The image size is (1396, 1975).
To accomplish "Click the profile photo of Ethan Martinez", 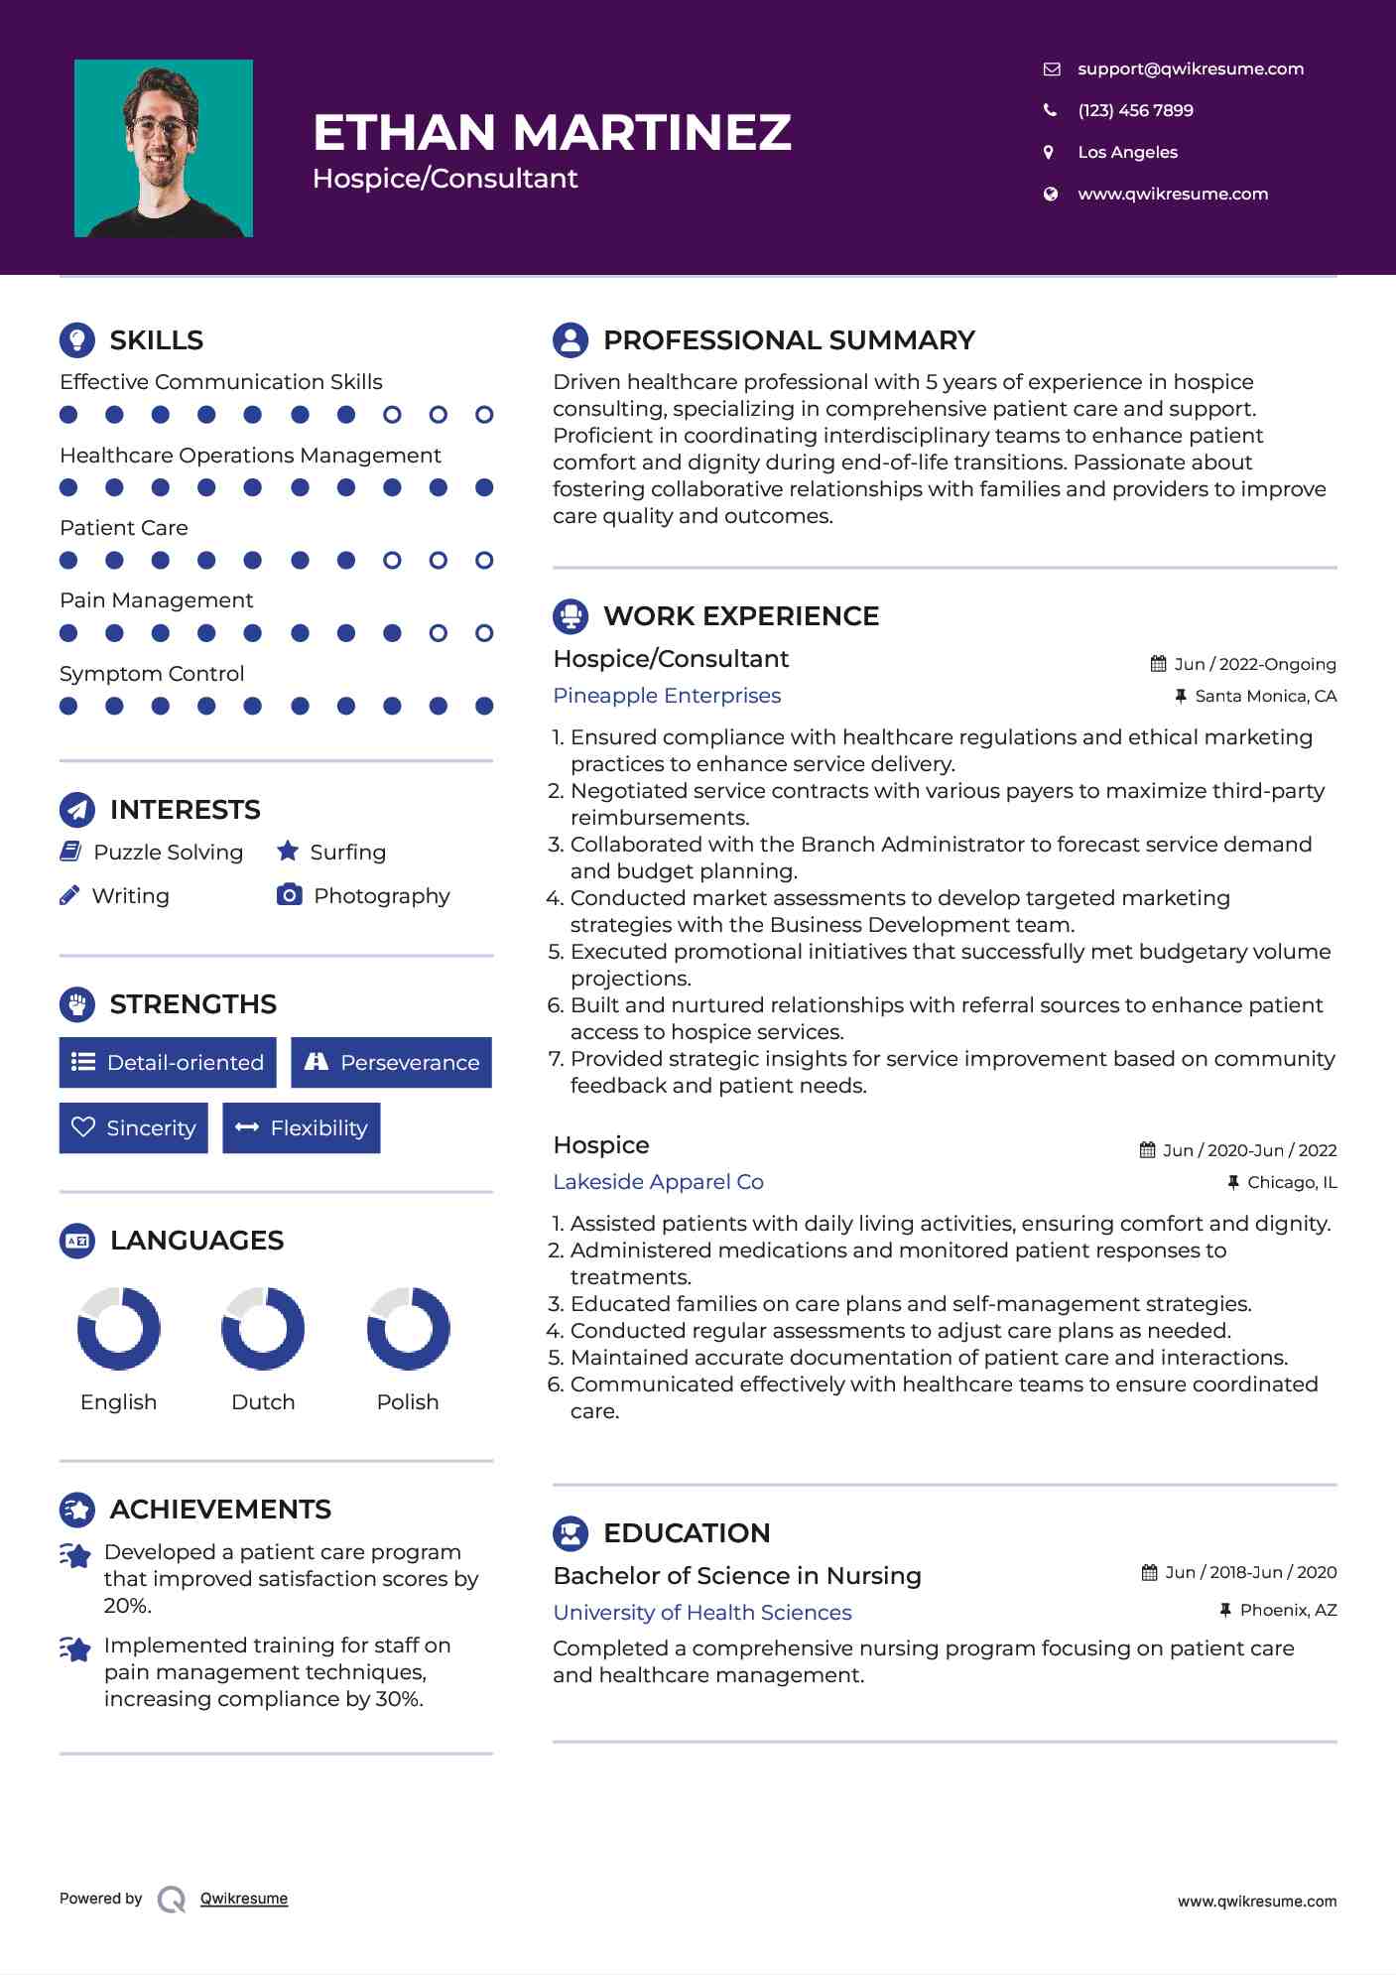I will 164,149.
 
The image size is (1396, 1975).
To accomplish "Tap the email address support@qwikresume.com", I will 1190,68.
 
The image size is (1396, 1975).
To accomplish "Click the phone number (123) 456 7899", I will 1135,110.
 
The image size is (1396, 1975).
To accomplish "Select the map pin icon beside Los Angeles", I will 1049,152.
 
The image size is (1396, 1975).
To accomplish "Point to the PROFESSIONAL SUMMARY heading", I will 789,340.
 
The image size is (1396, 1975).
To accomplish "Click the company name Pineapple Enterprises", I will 667,696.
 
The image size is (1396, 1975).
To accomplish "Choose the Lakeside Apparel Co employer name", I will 658,1182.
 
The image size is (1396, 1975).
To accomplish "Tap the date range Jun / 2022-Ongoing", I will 1254,664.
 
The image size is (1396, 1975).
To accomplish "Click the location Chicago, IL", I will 1291,1182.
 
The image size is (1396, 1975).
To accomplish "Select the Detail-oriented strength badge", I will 168,1063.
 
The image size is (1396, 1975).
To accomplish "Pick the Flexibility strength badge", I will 302,1128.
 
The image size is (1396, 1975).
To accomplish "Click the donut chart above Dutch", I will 263,1329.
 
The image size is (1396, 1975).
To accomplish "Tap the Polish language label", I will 408,1402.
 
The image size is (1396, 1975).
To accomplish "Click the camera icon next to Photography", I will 289,895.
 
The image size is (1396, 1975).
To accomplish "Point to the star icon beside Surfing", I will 288,852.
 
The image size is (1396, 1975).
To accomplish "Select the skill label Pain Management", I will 157,600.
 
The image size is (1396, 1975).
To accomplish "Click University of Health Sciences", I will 702,1613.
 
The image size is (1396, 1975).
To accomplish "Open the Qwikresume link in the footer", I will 244,1899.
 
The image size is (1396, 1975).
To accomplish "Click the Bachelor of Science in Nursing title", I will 737,1576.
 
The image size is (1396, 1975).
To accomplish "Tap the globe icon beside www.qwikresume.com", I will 1050,194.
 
